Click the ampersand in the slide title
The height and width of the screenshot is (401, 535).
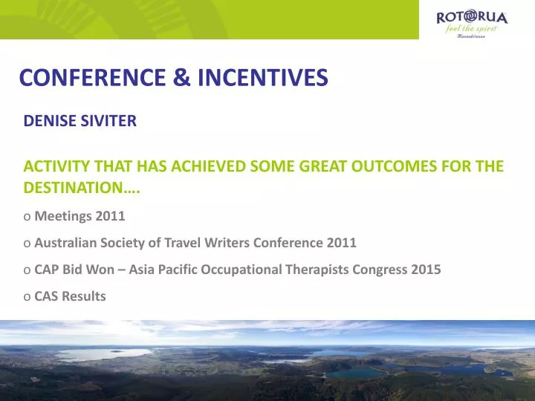(180, 77)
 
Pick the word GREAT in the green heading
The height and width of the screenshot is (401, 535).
(289, 166)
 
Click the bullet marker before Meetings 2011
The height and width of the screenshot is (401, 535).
(27, 217)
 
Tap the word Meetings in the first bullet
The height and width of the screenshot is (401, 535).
(61, 217)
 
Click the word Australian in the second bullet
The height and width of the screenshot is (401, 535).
(66, 243)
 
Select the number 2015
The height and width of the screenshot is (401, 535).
(426, 270)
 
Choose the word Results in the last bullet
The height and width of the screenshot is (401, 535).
(84, 296)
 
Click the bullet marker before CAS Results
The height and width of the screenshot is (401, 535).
(27, 296)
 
